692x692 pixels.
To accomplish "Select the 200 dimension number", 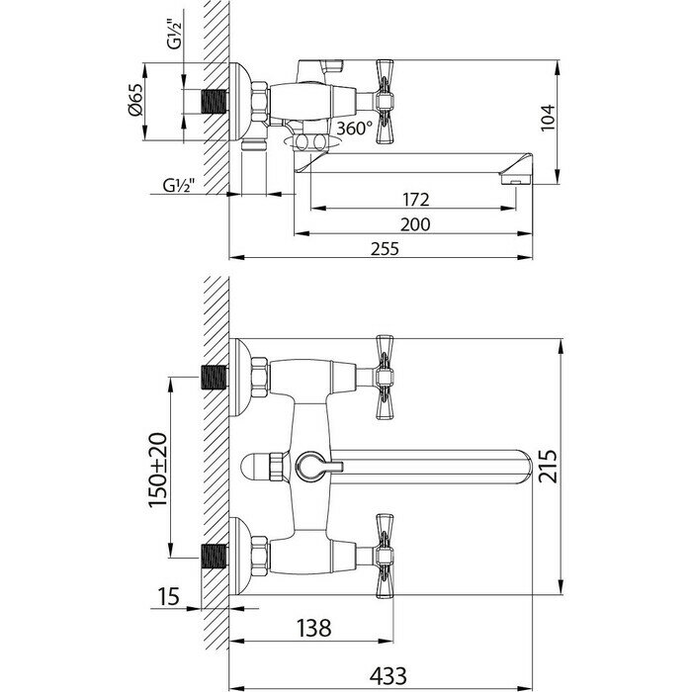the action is click(x=416, y=224).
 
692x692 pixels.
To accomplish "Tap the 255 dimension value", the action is click(x=387, y=249).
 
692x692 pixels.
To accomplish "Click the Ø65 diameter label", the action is click(x=137, y=102).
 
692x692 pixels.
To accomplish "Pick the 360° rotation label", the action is click(x=354, y=129).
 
